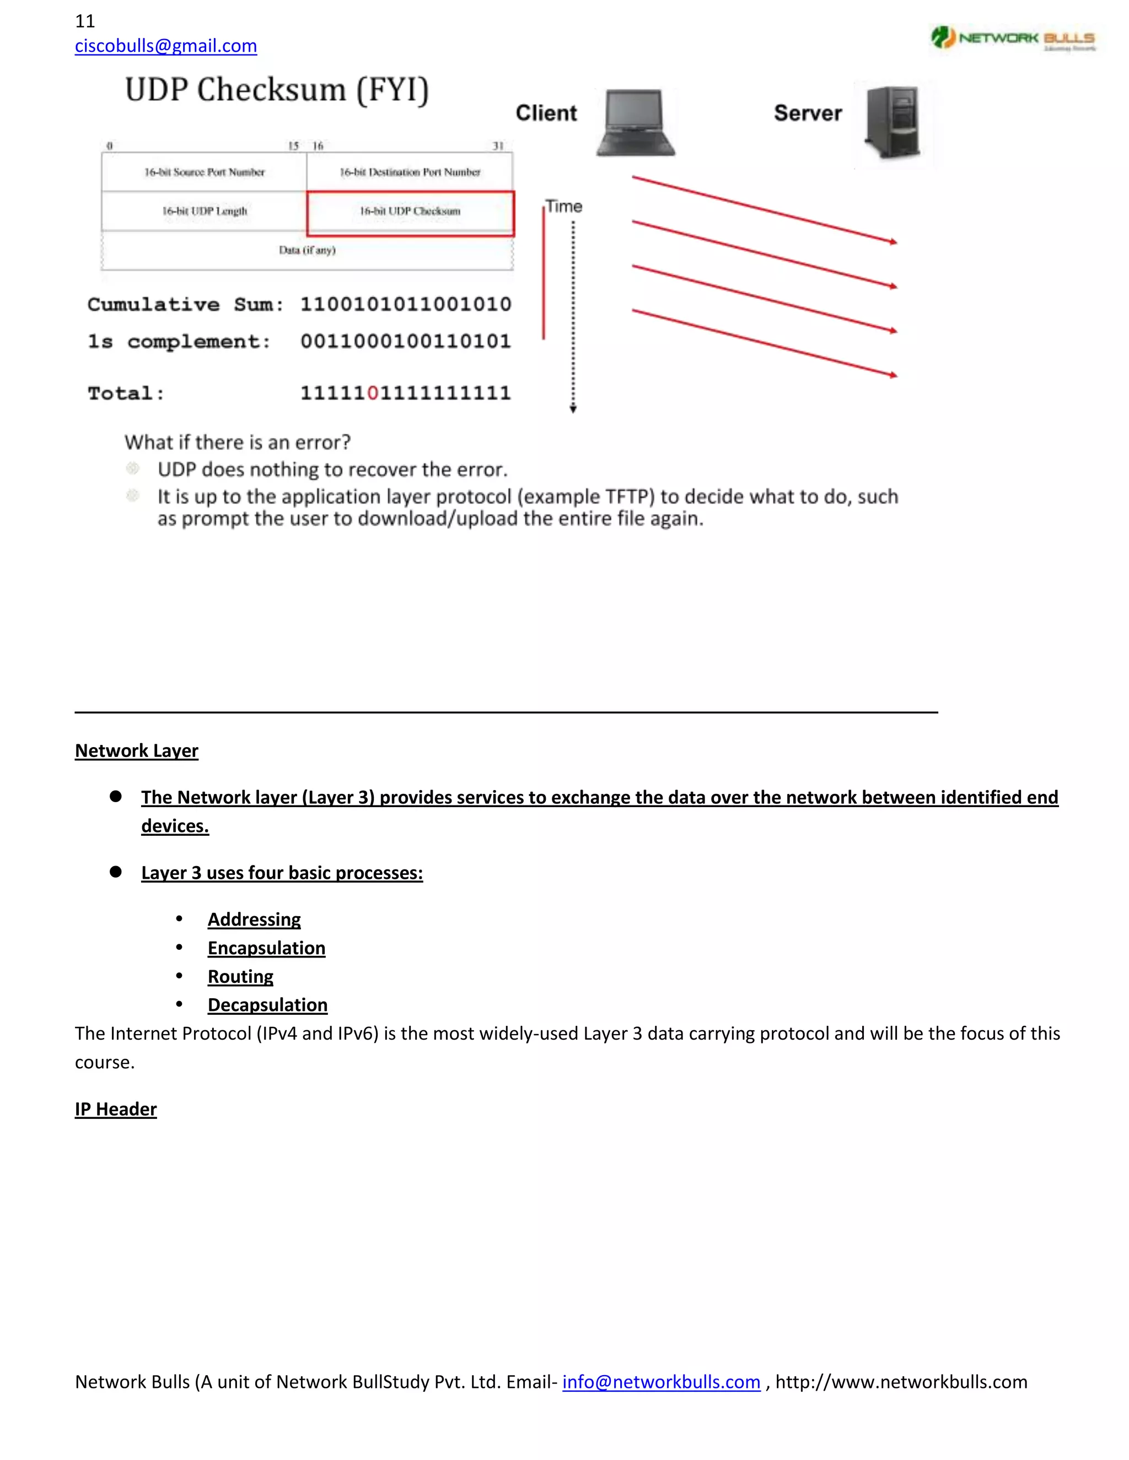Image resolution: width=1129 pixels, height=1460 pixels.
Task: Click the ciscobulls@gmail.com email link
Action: (165, 46)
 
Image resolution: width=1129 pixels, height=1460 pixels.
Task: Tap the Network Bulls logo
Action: (1013, 38)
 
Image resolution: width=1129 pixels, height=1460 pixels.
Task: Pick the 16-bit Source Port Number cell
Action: (204, 172)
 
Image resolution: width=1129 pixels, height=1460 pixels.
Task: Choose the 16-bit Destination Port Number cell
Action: (410, 172)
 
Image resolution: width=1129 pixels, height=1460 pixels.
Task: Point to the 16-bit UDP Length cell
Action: (204, 211)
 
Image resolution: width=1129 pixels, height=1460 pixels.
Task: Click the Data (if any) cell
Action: (307, 250)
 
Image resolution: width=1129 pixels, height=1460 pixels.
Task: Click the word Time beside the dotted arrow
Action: (563, 207)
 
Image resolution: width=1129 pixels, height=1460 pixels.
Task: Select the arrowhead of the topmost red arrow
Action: (893, 241)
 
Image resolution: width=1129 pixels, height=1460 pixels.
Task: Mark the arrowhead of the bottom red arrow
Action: (893, 375)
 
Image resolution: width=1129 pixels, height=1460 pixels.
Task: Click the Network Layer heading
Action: (137, 751)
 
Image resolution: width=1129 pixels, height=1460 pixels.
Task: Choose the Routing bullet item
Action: (240, 977)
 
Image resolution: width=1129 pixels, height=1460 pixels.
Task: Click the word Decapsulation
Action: (267, 1005)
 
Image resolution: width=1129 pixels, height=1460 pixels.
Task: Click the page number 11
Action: (85, 21)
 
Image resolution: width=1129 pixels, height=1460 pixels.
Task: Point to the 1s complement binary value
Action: (405, 342)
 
